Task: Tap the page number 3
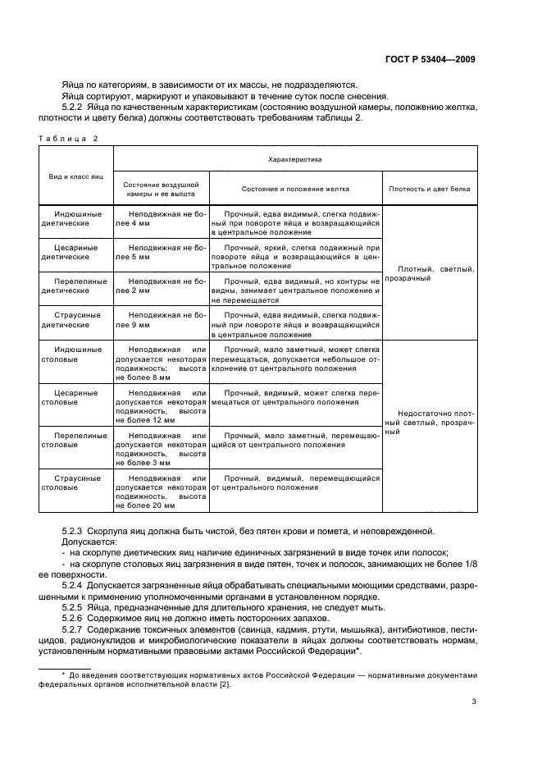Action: point(474,701)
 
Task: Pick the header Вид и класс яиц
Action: point(76,176)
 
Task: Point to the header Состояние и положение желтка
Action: point(296,188)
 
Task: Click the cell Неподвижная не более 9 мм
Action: point(161,319)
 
